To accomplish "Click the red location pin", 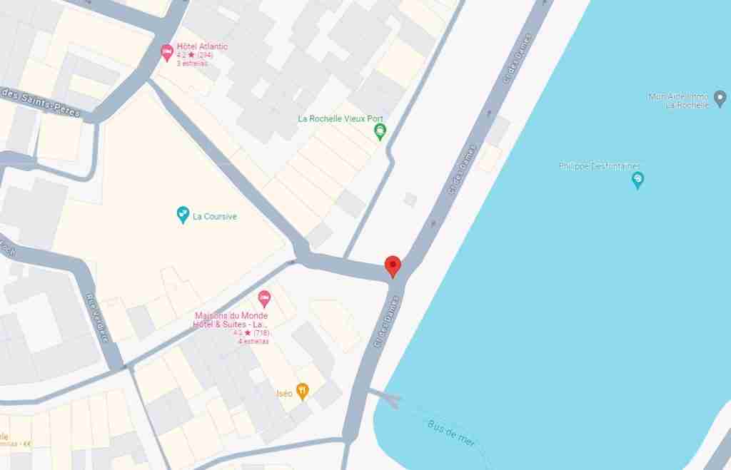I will pos(393,265).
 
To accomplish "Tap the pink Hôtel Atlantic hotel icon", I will pos(167,51).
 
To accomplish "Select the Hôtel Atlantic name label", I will pos(202,46).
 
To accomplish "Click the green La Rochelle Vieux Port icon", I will pos(380,131).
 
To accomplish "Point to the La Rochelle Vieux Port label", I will pos(341,118).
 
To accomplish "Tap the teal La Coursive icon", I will pos(183,213).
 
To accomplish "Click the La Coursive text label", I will pos(215,217).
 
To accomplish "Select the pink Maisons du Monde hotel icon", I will pos(264,297).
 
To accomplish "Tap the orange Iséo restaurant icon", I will pos(303,390).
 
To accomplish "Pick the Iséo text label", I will pos(284,393).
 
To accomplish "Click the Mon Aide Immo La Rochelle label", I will pos(678,101).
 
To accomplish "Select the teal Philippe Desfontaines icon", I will pos(638,180).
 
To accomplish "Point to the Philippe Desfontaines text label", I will pos(600,166).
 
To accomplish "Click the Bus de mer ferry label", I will pos(451,432).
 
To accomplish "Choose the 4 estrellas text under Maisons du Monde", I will pos(253,341).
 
